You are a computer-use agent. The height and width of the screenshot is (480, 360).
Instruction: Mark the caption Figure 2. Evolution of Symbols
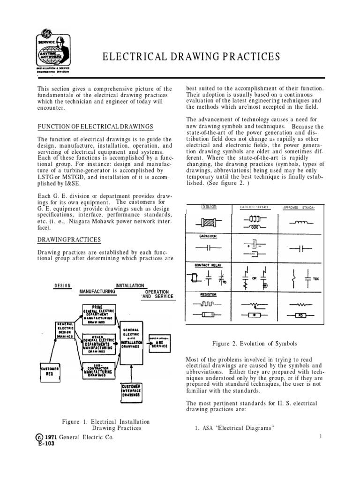(255, 344)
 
